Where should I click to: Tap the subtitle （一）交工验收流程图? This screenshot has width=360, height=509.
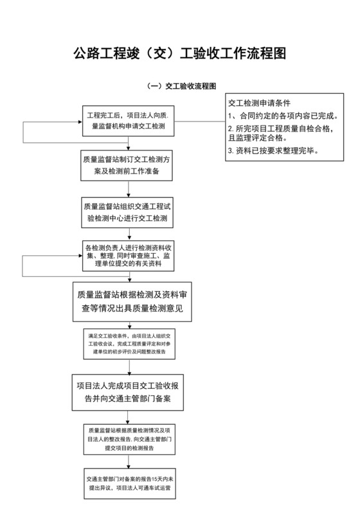coord(180,85)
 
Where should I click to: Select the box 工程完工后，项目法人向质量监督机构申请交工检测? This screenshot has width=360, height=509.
coord(129,120)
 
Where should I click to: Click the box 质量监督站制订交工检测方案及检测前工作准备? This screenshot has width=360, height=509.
coord(129,166)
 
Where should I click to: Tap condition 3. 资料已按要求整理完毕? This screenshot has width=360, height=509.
coord(273,150)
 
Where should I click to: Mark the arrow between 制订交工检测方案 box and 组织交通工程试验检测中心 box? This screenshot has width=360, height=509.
coord(129,190)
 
